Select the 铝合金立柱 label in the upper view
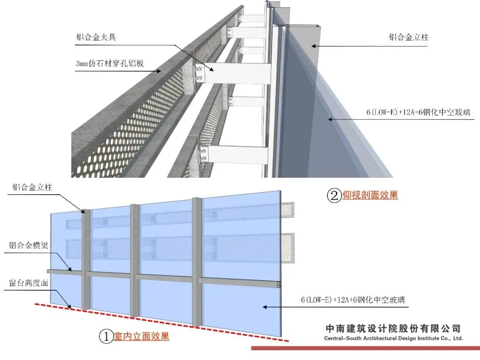[408, 37]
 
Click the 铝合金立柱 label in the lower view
[32, 187]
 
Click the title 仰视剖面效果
[370, 195]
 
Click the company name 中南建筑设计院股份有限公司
[393, 329]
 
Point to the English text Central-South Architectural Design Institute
[393, 339]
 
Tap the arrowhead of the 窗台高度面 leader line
[71, 307]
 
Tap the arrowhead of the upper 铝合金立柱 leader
[312, 45]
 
